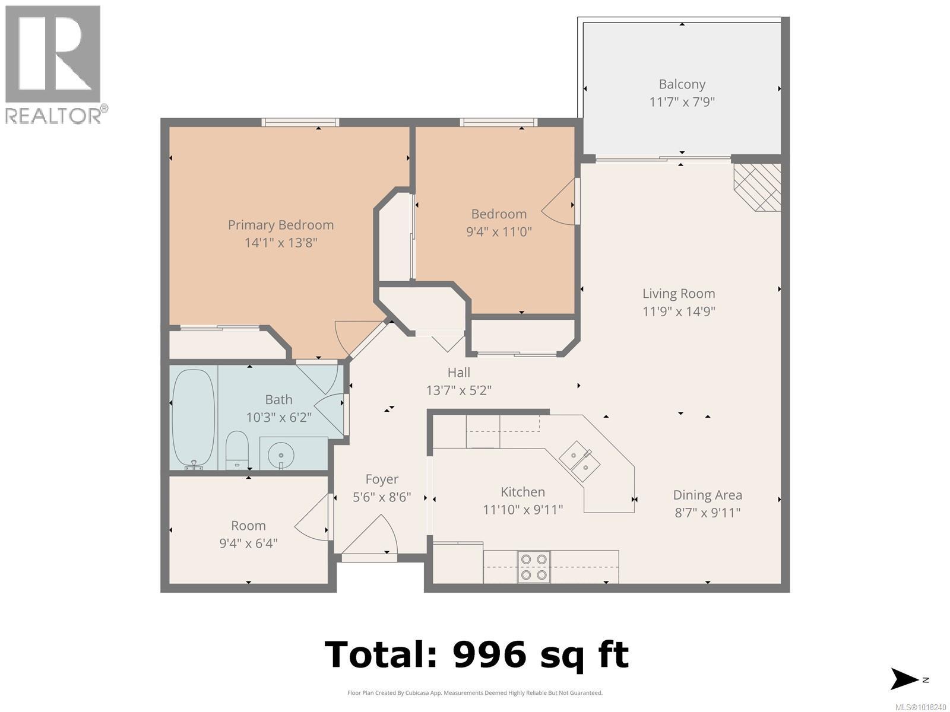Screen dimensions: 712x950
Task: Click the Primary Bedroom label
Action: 280,225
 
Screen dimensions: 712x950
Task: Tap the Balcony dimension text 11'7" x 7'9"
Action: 682,101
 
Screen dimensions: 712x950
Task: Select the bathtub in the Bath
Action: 192,418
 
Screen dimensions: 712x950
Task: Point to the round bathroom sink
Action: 280,456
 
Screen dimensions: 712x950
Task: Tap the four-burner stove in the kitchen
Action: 533,567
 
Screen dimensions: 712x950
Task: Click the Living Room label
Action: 679,294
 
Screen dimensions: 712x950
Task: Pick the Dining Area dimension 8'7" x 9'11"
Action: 707,513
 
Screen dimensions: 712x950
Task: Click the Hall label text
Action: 458,373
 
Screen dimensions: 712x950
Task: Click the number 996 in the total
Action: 489,654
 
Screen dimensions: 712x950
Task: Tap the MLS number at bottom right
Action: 920,707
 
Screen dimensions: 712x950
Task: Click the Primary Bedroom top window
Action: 300,123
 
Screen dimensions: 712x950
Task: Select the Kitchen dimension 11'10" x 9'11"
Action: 522,510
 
